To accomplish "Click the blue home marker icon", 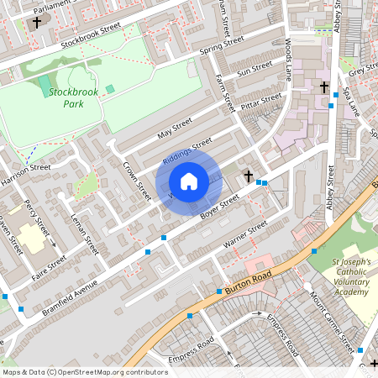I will coord(189,181).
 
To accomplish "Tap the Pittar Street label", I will coord(261,102).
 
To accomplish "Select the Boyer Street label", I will coord(221,207).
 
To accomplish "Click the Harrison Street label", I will coord(25,174).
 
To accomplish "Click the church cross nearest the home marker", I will coord(248,176).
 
